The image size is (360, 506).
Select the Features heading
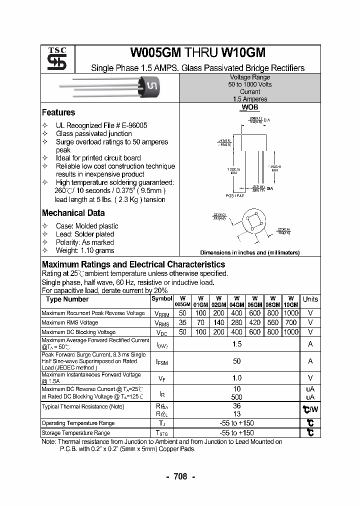click(x=58, y=112)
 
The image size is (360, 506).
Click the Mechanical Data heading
click(x=73, y=212)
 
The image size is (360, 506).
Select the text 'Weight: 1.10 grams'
click(x=85, y=250)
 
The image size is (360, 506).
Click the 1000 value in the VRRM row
click(x=290, y=313)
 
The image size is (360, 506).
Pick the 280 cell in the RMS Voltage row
click(x=237, y=322)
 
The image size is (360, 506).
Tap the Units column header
click(x=310, y=299)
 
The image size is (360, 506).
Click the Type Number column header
click(x=67, y=299)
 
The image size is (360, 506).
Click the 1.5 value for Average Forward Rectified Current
click(x=237, y=344)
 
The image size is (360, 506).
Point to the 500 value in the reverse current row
click(x=237, y=396)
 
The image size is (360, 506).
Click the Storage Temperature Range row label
click(x=75, y=433)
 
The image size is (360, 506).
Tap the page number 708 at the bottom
click(x=180, y=476)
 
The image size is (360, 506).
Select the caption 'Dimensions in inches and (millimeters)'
click(x=250, y=253)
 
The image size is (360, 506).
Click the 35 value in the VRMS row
click(x=182, y=322)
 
